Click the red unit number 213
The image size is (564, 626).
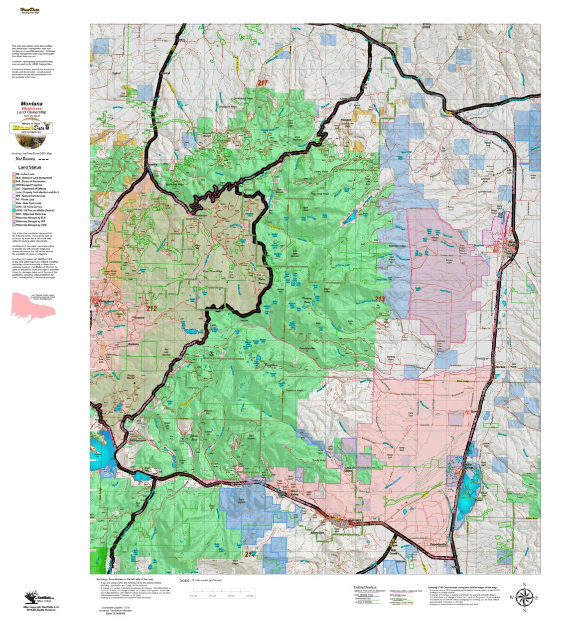(x=380, y=299)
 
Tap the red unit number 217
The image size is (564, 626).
(x=263, y=83)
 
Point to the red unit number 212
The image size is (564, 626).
(x=151, y=309)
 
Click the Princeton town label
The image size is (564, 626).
(x=200, y=215)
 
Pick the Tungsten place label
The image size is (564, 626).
(x=271, y=365)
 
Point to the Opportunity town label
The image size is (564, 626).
(x=438, y=544)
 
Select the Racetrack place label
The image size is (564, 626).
(x=499, y=367)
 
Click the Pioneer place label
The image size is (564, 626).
(x=346, y=120)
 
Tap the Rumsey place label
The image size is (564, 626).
(x=134, y=344)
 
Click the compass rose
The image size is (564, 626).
(x=524, y=597)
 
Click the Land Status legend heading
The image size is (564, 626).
(x=30, y=167)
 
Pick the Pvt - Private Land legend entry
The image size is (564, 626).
(x=26, y=200)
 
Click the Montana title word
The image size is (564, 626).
(x=31, y=104)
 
